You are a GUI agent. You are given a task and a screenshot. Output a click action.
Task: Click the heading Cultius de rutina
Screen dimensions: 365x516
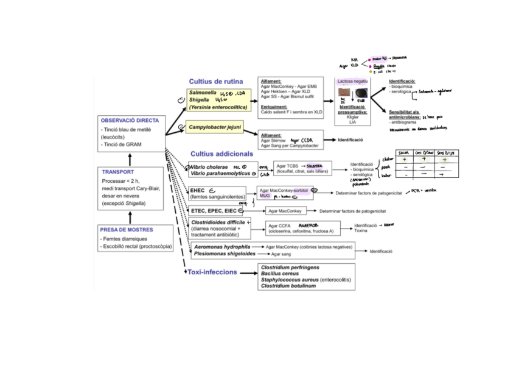216,81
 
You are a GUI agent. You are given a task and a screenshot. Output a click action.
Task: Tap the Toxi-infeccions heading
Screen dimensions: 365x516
212,272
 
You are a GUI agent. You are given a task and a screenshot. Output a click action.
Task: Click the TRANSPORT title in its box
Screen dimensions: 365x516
118,172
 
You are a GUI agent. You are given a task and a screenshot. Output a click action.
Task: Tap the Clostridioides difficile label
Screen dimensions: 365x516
218,223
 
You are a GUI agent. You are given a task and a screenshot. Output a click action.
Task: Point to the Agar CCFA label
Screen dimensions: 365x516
278,226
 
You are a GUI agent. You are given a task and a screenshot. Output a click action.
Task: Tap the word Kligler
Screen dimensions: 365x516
352,116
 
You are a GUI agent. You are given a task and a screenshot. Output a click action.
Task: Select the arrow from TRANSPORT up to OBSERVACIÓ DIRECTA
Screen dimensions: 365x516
130,158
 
